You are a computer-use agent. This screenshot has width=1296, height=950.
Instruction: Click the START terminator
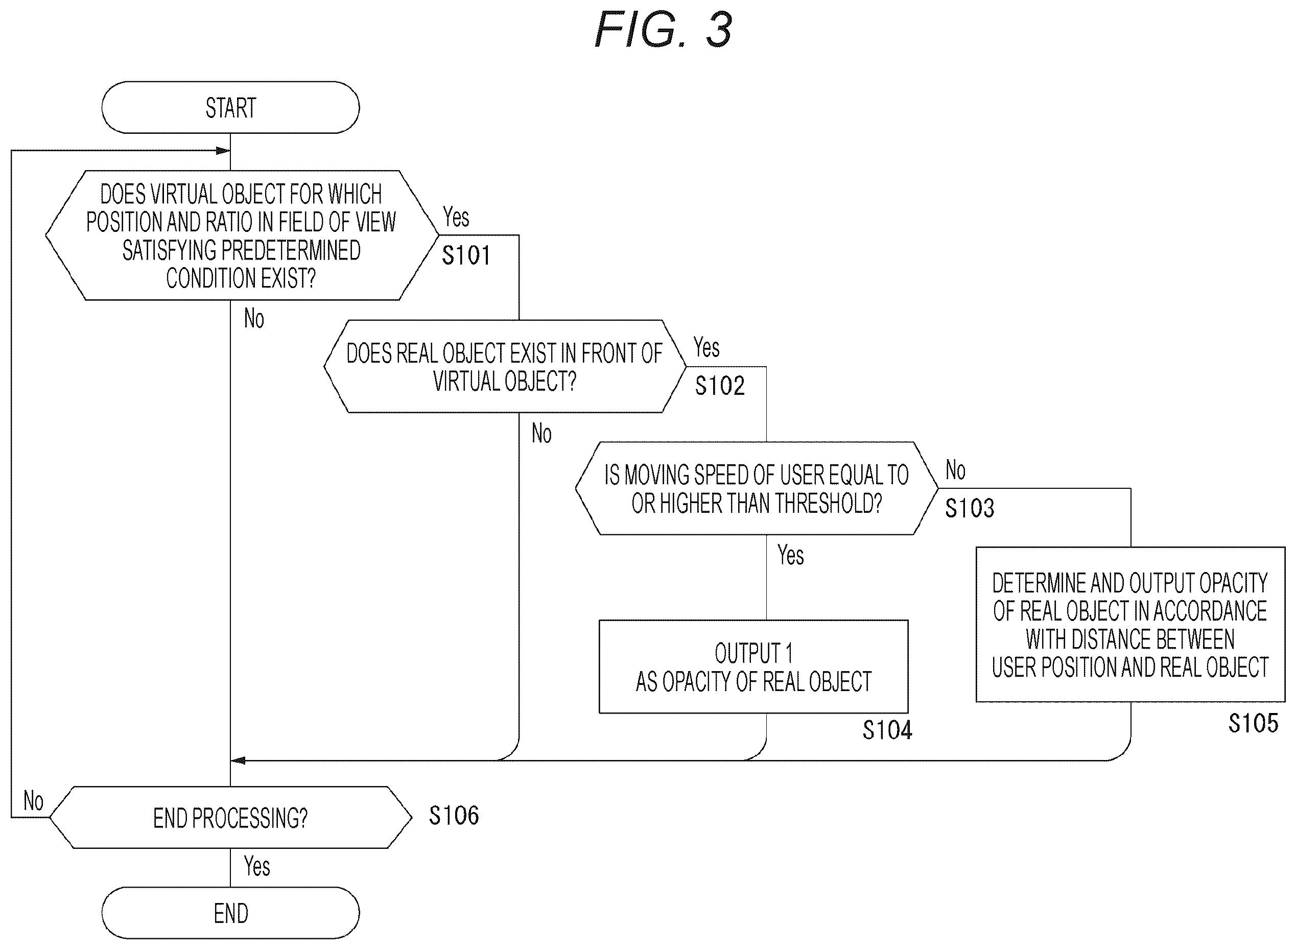(231, 108)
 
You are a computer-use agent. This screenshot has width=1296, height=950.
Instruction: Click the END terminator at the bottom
(231, 913)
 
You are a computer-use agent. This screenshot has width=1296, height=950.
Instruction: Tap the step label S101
(466, 255)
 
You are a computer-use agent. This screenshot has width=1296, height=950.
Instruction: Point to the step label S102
(720, 386)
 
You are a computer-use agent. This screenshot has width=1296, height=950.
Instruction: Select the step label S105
(1254, 723)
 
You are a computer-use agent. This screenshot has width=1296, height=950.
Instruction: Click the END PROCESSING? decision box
(231, 817)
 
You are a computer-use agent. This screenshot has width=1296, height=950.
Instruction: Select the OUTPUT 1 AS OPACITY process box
(753, 667)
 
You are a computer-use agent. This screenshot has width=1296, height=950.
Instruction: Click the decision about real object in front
(505, 366)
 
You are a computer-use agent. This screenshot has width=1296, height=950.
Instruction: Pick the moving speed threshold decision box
(757, 488)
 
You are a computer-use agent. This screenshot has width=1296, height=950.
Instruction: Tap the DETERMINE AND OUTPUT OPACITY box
(1130, 625)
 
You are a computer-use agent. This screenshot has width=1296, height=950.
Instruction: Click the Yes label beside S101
(456, 218)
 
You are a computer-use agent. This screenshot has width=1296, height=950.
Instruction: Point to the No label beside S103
(955, 470)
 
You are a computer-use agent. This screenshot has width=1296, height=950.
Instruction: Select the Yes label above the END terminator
(256, 866)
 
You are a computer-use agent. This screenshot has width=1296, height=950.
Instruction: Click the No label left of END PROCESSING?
(33, 800)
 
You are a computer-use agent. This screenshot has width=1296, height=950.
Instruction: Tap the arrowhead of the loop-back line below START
(224, 151)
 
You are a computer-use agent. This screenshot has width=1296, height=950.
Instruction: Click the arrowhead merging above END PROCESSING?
(238, 760)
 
